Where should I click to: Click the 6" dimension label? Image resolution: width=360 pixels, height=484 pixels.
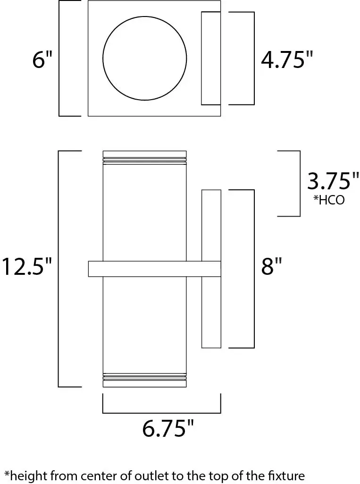(42, 61)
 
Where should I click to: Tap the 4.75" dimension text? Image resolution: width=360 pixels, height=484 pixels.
(287, 60)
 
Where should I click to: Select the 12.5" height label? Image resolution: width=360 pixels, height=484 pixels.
(26, 267)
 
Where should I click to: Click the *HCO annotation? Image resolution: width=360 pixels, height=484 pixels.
(329, 200)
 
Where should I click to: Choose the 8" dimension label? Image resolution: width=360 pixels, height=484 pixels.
(271, 267)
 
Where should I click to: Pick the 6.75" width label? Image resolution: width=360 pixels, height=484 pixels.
(168, 429)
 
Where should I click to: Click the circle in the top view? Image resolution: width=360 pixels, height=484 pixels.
(145, 59)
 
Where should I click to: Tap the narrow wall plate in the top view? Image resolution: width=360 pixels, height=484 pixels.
(211, 58)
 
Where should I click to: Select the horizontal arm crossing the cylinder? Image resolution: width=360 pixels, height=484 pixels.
(154, 269)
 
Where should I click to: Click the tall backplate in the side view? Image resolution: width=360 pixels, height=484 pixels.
(211, 227)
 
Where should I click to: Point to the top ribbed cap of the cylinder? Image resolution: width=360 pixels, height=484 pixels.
(144, 157)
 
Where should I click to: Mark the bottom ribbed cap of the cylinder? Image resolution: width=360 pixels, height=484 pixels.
(144, 380)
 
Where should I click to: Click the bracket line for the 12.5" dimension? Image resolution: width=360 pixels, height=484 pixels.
(59, 269)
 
